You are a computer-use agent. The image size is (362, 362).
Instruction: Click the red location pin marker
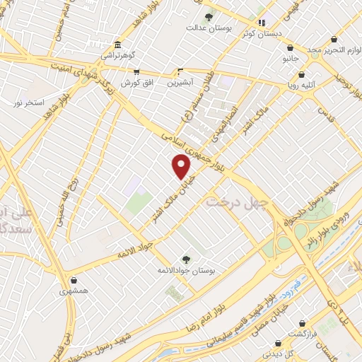pyautogui.click(x=182, y=166)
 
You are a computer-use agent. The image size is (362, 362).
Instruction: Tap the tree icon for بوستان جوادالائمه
pyautogui.click(x=186, y=259)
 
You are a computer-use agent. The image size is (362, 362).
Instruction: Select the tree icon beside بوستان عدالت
pyautogui.click(x=208, y=17)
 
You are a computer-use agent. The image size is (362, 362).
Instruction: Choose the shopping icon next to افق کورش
pyautogui.click(x=136, y=72)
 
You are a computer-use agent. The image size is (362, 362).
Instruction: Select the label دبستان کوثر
pyautogui.click(x=255, y=33)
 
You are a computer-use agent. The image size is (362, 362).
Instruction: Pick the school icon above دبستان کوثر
pyautogui.click(x=261, y=22)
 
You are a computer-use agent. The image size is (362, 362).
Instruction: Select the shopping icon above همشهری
pyautogui.click(x=74, y=280)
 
